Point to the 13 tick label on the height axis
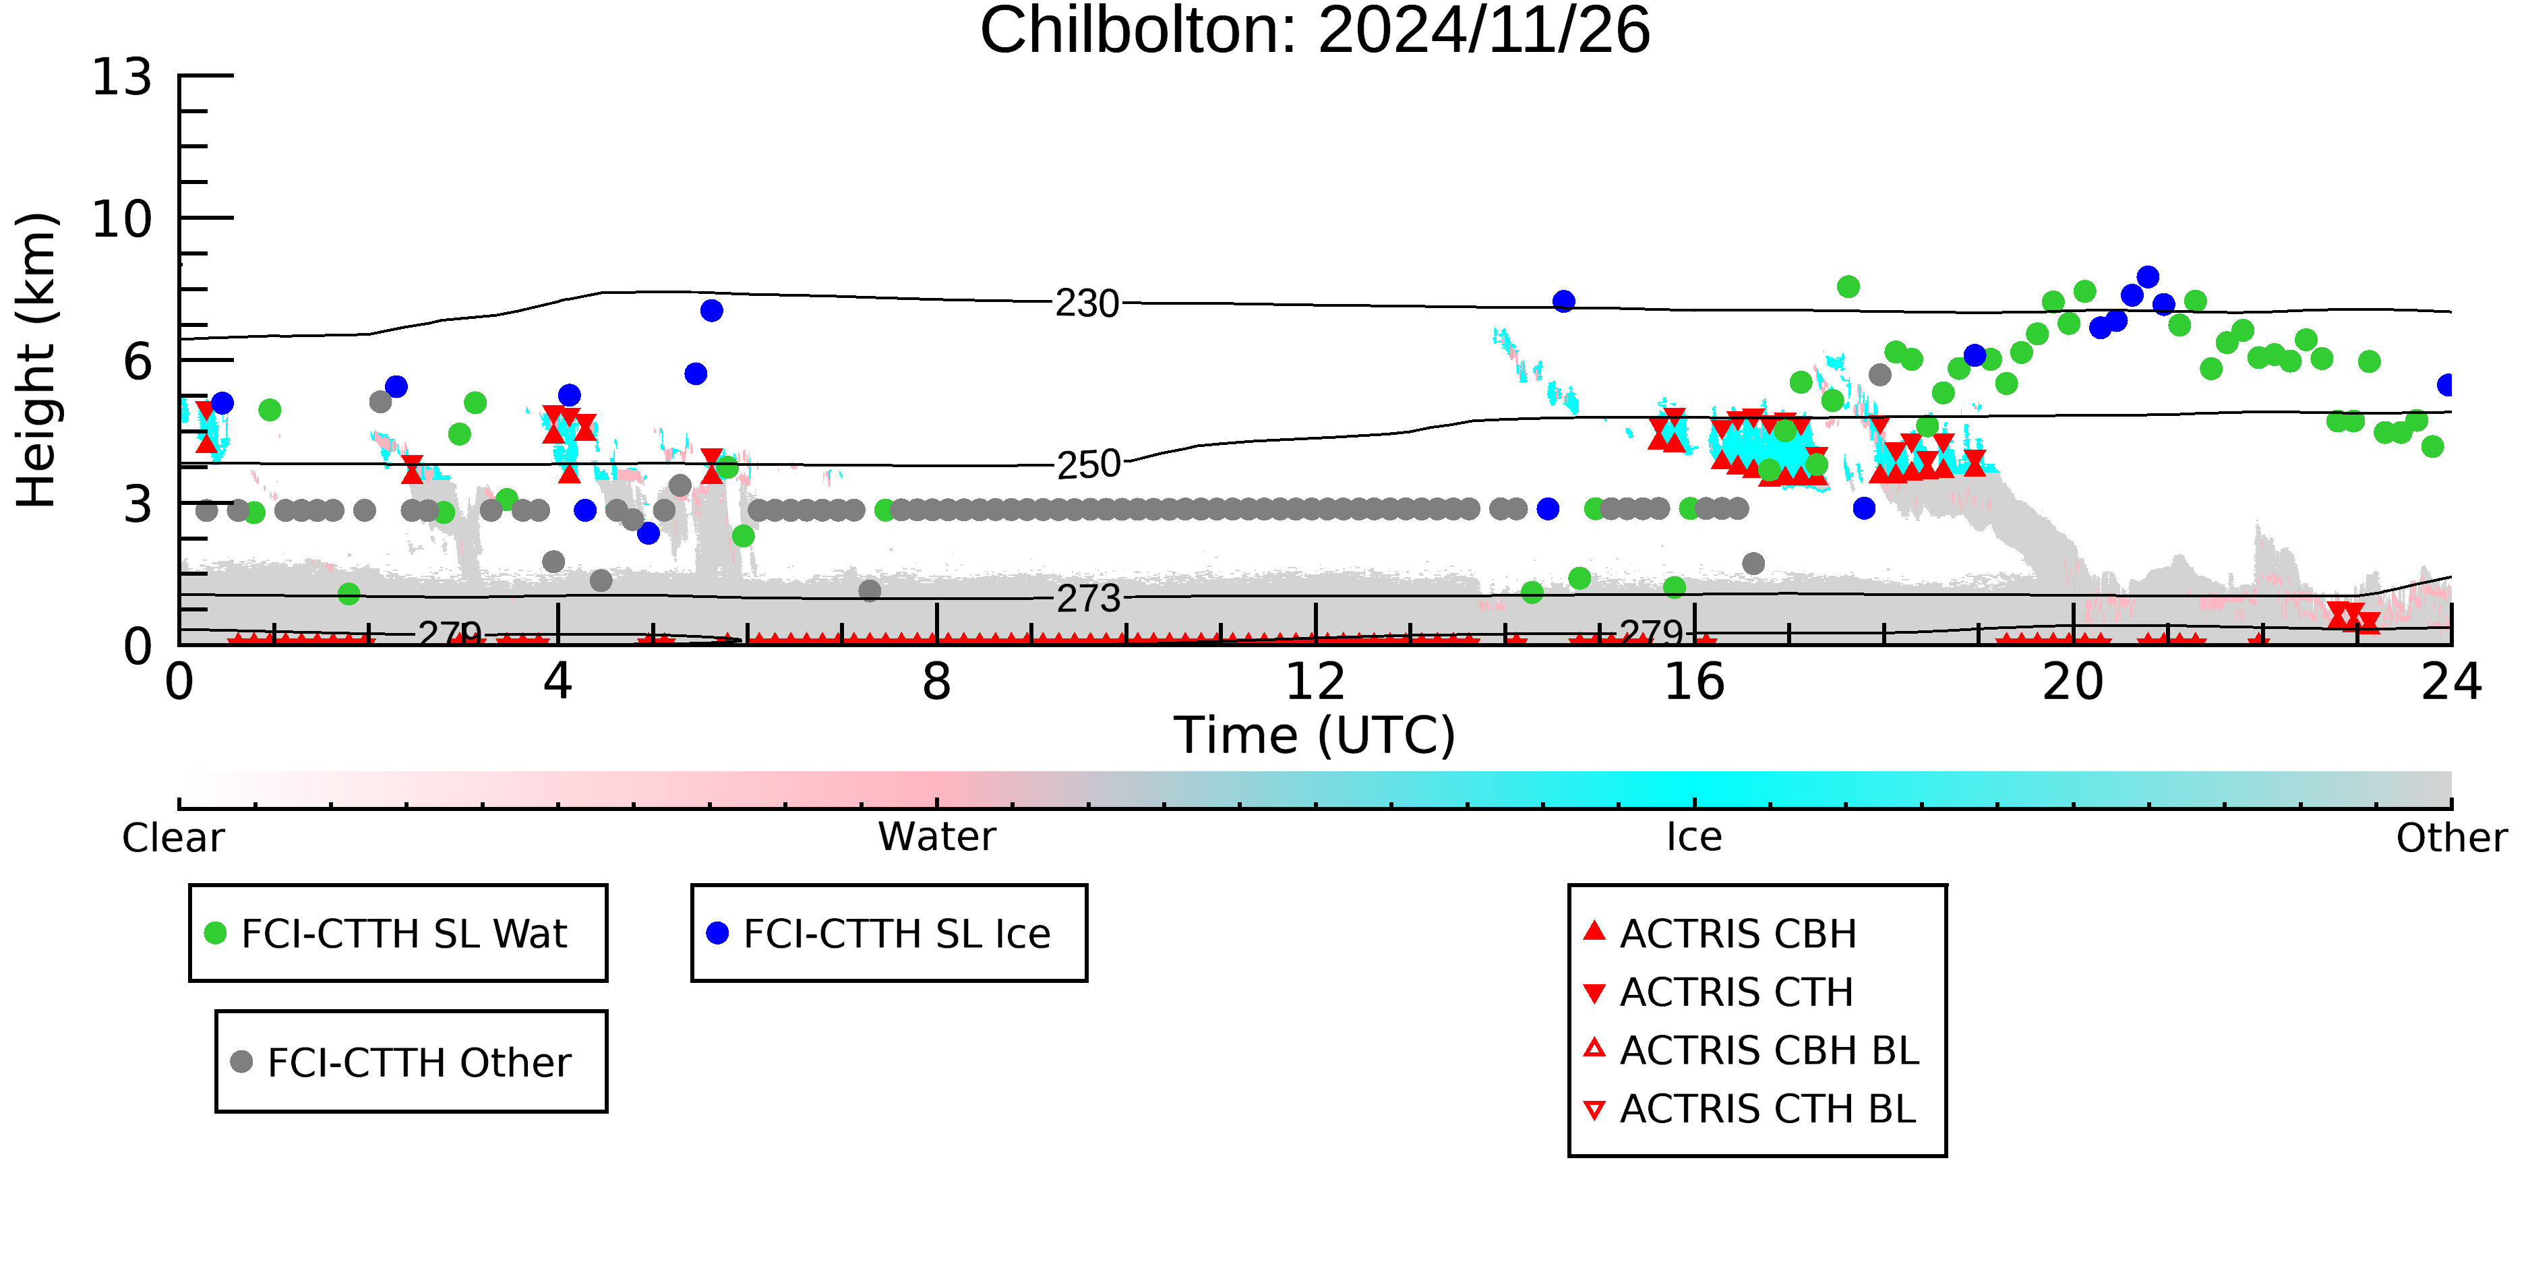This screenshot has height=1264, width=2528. (x=122, y=78)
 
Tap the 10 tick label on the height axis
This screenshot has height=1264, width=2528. (x=122, y=219)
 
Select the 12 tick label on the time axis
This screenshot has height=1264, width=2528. (x=1315, y=682)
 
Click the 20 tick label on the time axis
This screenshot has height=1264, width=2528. (x=2073, y=682)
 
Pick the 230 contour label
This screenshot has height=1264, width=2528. (x=1087, y=304)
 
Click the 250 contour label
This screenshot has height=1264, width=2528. (x=1087, y=464)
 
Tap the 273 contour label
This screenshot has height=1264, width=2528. (x=1087, y=599)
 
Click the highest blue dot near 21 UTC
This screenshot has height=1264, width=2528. (x=2147, y=277)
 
